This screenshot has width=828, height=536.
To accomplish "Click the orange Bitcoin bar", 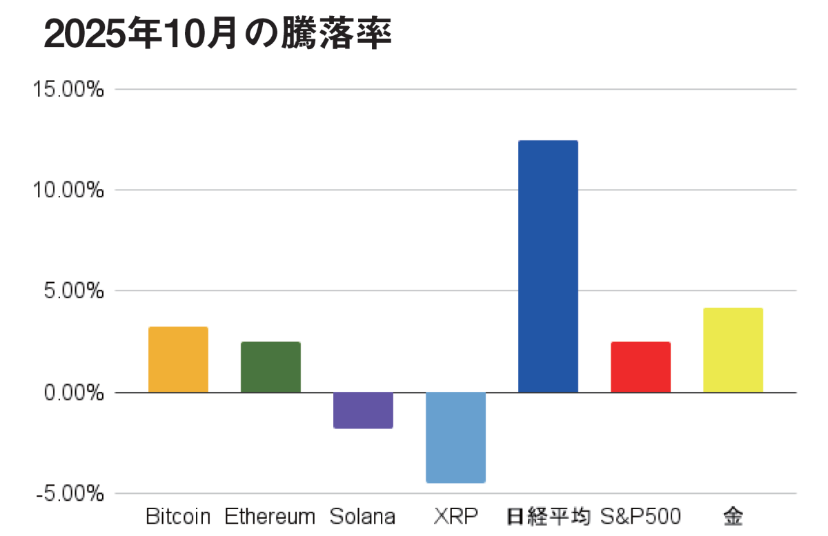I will click(178, 359).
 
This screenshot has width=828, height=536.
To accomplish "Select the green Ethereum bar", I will click(270, 367).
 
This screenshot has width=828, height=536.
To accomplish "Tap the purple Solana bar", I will click(363, 410).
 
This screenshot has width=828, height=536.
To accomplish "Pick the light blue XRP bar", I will click(455, 437).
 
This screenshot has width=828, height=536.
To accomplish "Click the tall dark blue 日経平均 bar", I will click(548, 266).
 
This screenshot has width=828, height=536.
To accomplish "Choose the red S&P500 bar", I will click(640, 367).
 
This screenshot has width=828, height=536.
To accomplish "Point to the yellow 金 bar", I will click(733, 350).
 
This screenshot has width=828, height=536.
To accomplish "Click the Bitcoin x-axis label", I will click(178, 516).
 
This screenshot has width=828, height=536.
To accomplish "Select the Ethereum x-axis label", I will click(270, 516).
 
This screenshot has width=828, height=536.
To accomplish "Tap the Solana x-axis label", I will click(362, 516).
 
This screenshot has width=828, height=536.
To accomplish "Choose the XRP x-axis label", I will click(455, 516).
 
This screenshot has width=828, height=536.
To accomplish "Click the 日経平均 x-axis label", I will click(549, 516).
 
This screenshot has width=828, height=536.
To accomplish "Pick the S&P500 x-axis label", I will click(640, 516).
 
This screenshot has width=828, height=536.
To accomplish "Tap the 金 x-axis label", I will click(733, 516).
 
